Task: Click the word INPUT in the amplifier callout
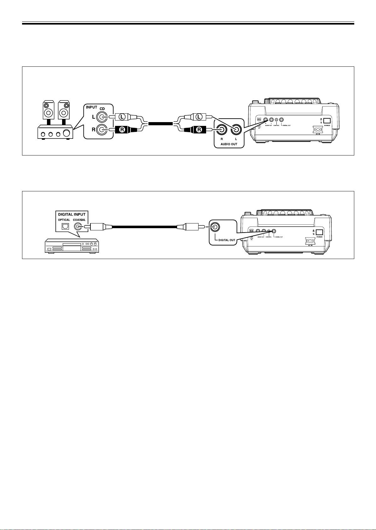pos(92,107)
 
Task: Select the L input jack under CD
pos(102,118)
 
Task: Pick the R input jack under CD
pos(102,129)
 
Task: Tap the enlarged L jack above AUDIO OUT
pos(236,129)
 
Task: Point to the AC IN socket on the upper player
pos(318,129)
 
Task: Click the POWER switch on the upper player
pos(327,121)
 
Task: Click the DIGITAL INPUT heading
pos(72,214)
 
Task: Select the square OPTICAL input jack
pos(65,227)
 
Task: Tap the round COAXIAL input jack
pos(78,227)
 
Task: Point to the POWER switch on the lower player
pos(319,232)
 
